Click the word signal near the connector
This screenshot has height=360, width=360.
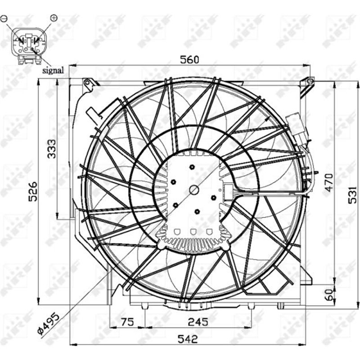pyautogui.click(x=53, y=70)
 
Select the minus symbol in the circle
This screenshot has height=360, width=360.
pyautogui.click(x=4, y=19)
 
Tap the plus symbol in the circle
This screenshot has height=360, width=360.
pyautogui.click(x=54, y=18)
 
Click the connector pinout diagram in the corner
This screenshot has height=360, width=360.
pyautogui.click(x=28, y=43)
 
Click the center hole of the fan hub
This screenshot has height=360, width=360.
pyautogui.click(x=193, y=190)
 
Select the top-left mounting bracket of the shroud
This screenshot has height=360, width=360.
pyautogui.click(x=90, y=84)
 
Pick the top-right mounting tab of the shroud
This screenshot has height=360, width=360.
pyautogui.click(x=308, y=83)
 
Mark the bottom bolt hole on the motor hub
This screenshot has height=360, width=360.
pyautogui.click(x=197, y=211)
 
